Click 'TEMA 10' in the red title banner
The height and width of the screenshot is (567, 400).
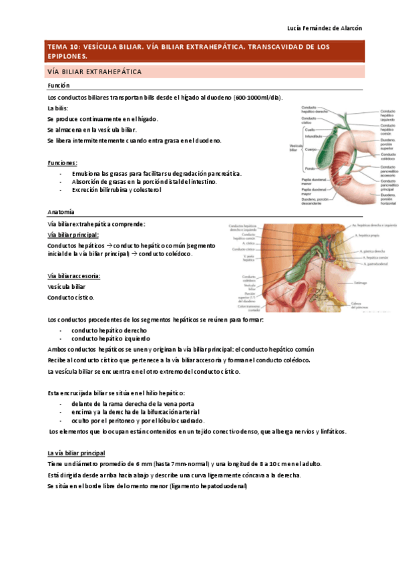(x=62, y=47)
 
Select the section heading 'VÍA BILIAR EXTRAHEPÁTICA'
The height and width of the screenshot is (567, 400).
(x=94, y=71)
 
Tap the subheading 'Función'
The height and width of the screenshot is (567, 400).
(x=59, y=86)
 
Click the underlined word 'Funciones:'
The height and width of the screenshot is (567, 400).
(x=62, y=162)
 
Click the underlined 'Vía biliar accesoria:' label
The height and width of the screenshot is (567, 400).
(x=74, y=275)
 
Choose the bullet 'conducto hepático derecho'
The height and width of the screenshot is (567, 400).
(x=110, y=330)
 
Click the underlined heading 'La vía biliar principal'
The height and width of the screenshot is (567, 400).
(x=76, y=453)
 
